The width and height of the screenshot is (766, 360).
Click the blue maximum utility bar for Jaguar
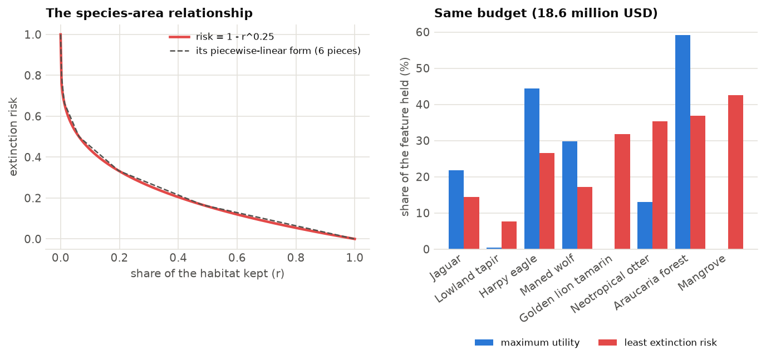(456, 210)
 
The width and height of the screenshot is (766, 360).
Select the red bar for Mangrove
(735, 172)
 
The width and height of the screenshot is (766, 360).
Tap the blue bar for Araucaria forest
(682, 142)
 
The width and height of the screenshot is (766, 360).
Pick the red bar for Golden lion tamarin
(622, 191)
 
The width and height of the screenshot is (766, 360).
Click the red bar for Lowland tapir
(509, 235)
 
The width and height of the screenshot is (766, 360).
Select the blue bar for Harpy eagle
(532, 169)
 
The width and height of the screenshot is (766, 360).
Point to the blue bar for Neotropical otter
(645, 225)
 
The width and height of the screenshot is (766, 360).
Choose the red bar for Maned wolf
(585, 218)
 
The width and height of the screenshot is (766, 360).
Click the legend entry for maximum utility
(527, 342)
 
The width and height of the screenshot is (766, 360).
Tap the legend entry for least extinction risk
(657, 342)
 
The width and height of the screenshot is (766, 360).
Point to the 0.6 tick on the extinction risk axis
(32, 116)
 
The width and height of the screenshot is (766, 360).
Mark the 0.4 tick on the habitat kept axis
(178, 258)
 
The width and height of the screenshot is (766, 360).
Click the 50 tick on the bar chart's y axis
(423, 68)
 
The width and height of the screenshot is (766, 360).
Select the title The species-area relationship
(149, 13)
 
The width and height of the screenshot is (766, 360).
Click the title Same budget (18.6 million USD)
(546, 13)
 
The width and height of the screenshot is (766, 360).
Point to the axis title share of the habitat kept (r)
(207, 274)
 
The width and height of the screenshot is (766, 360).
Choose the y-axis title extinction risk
(13, 137)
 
